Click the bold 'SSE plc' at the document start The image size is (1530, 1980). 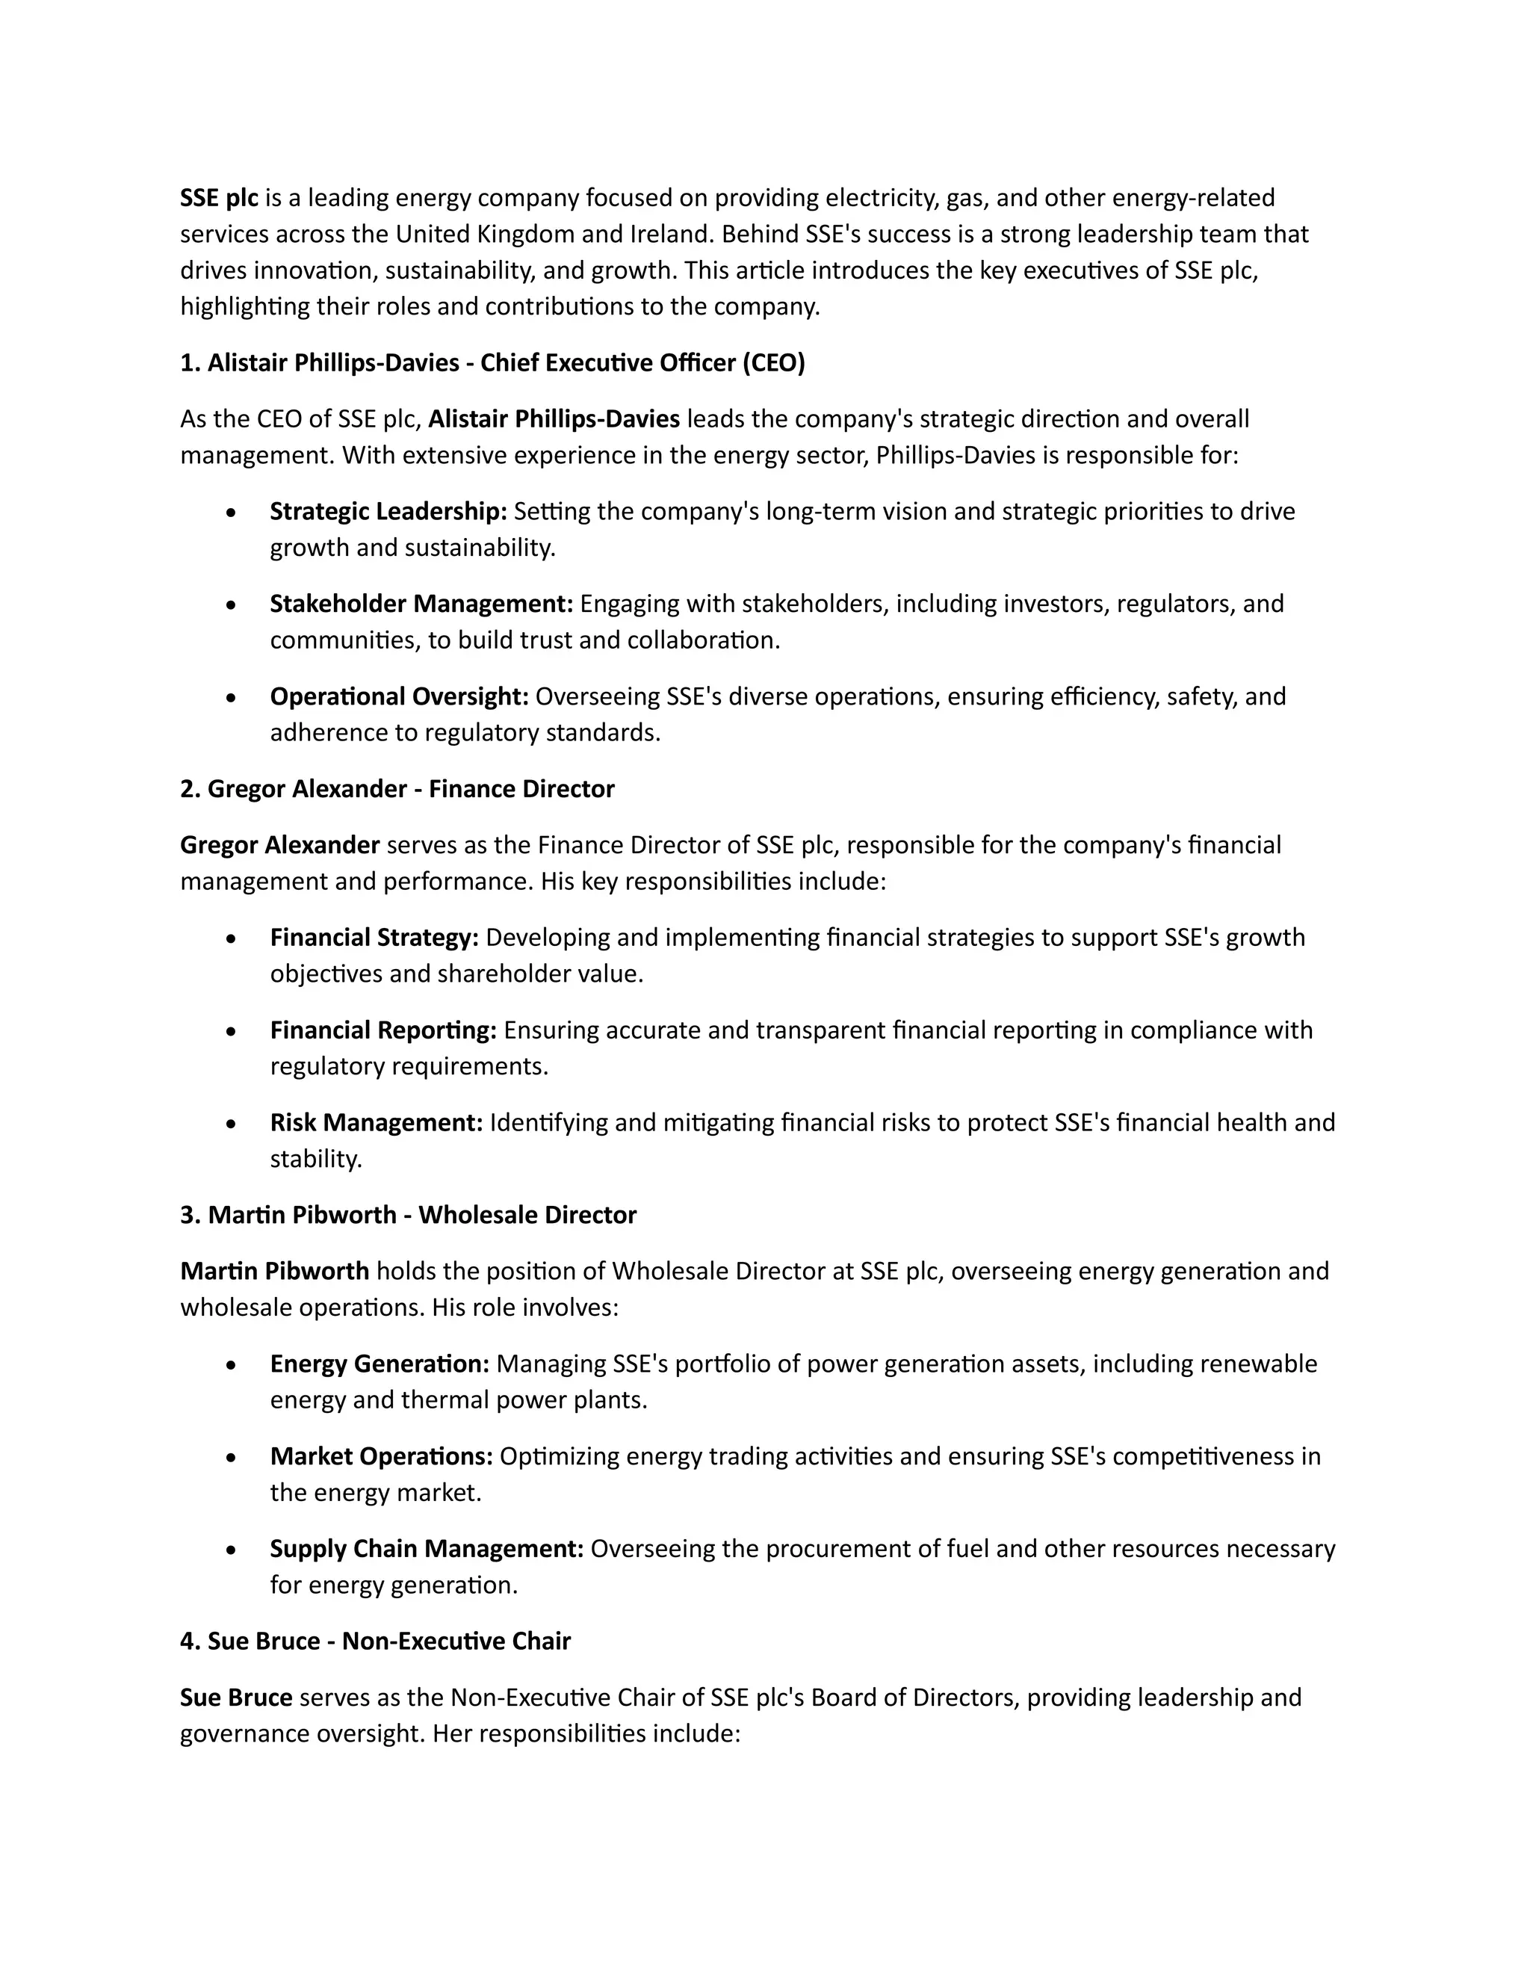(218, 198)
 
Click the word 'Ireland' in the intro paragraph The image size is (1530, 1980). (671, 234)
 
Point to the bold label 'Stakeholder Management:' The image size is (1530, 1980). (421, 604)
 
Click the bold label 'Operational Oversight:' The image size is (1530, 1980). (399, 696)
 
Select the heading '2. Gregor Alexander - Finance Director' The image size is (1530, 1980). (397, 789)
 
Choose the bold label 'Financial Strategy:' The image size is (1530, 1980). (374, 938)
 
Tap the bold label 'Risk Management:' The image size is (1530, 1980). (377, 1122)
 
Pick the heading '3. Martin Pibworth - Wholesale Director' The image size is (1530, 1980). (408, 1215)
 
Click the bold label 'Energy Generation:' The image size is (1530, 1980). (379, 1364)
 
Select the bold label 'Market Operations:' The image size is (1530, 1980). (381, 1456)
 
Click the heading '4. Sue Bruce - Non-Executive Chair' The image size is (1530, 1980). (375, 1641)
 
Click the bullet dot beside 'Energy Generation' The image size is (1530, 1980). (232, 1365)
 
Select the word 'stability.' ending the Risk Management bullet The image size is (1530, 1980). (315, 1159)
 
